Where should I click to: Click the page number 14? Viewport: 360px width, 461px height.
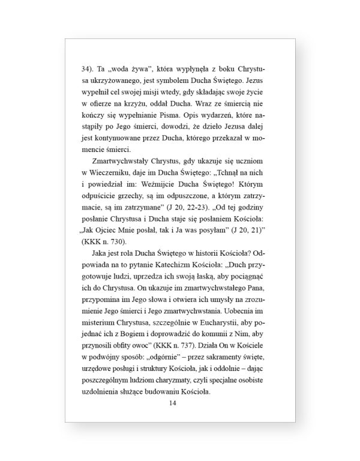pyautogui.click(x=173, y=403)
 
